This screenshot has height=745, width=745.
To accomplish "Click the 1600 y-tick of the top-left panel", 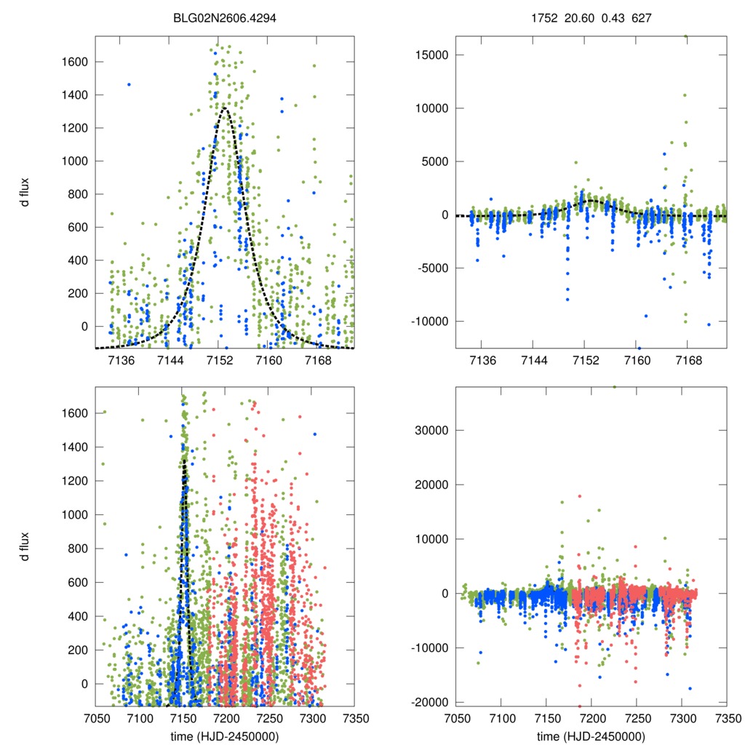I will (73, 62).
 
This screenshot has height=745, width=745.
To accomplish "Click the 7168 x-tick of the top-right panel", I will (688, 361).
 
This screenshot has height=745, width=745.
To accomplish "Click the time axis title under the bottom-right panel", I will (591, 736).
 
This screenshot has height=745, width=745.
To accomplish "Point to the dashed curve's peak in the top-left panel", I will (224, 108).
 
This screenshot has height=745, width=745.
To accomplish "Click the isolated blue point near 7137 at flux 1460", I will (129, 84).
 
